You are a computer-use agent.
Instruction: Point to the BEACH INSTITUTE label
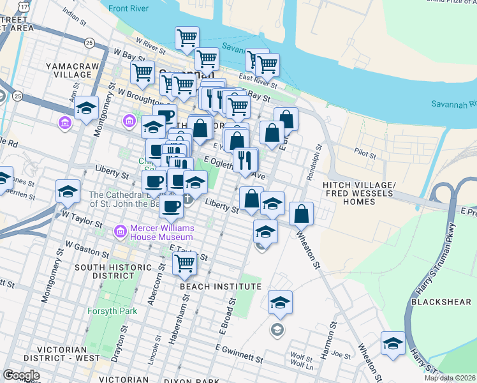click(x=221, y=287)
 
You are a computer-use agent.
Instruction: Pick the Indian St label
click(x=74, y=15)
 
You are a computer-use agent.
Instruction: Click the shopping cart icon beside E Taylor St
click(x=184, y=262)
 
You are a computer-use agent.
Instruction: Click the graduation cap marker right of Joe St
click(x=393, y=343)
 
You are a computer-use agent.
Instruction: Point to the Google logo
click(x=21, y=375)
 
